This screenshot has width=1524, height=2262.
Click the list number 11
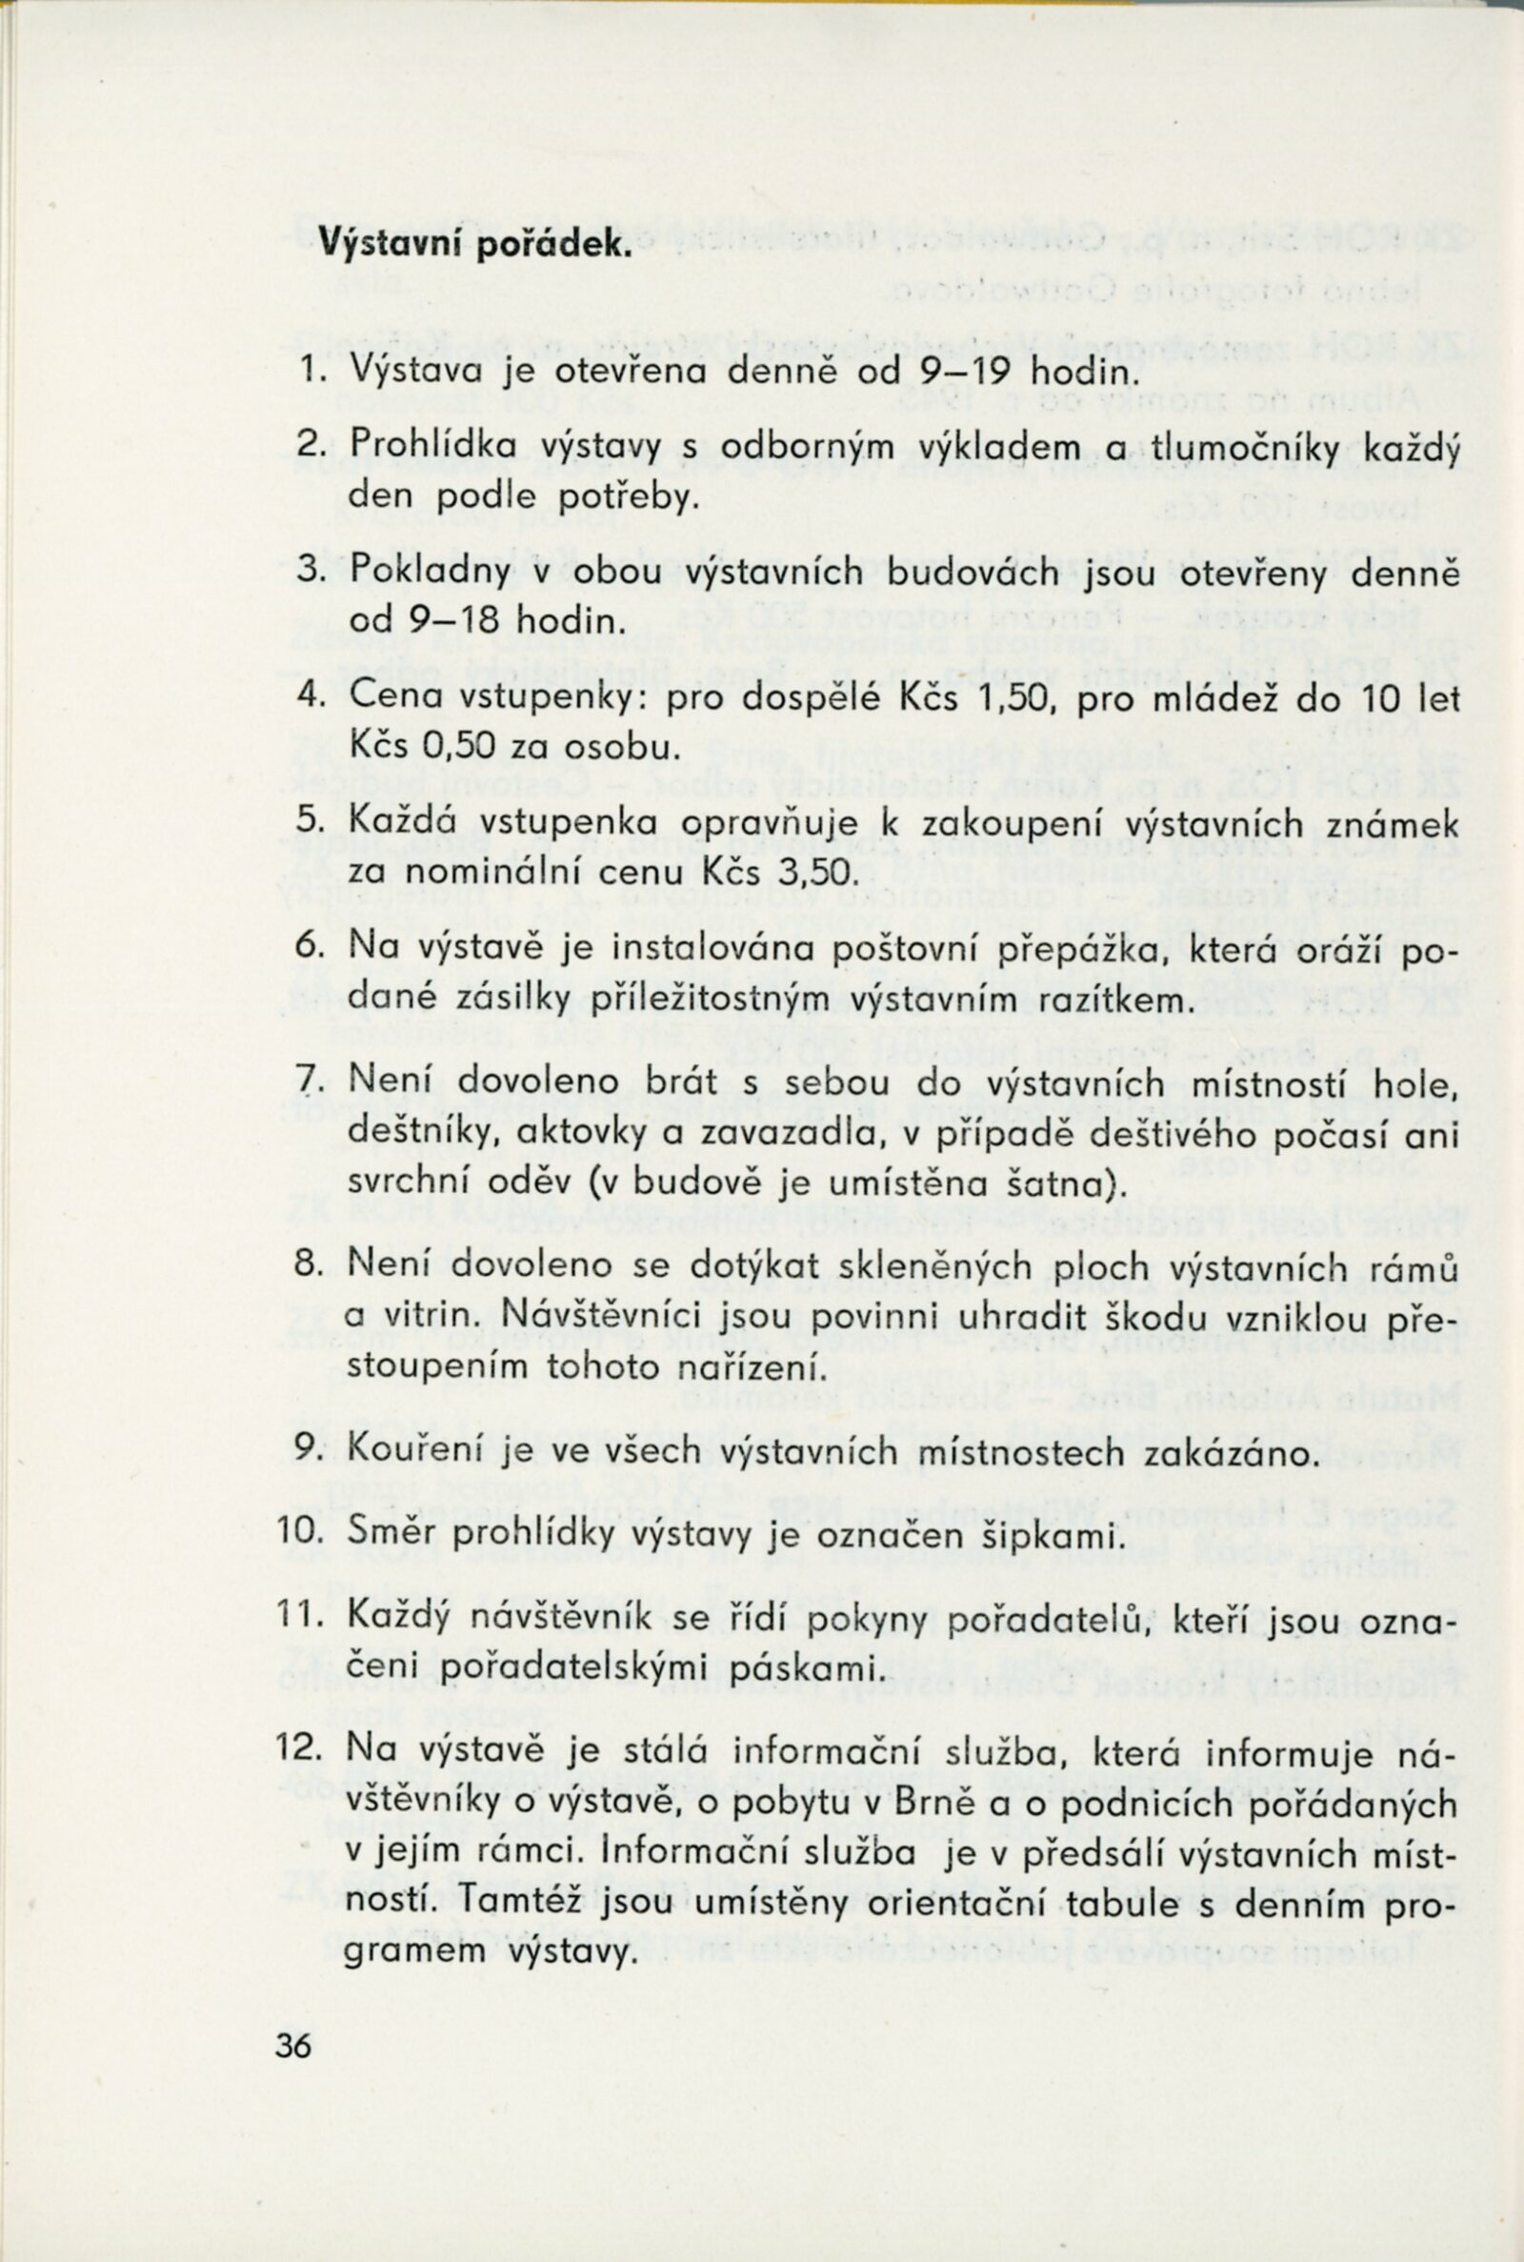(x=294, y=1621)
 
